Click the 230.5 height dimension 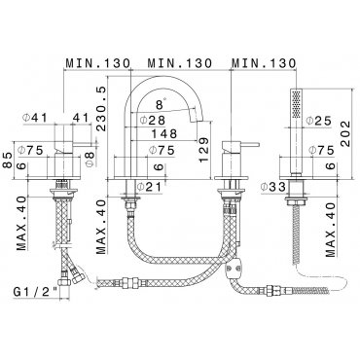coord(101,109)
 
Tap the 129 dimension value coord(203,150)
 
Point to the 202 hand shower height coord(345,133)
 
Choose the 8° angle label coord(161,104)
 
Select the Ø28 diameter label coord(153,120)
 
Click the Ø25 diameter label coord(319,121)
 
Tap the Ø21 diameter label coord(149,187)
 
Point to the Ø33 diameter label coord(273,187)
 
